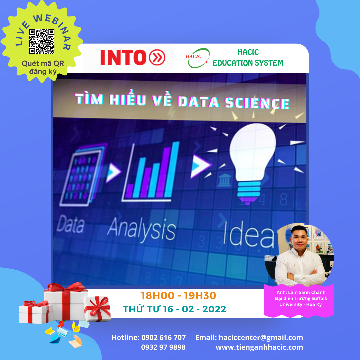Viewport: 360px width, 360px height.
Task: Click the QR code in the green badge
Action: [42, 41]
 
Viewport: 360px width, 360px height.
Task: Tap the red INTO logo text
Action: [123, 57]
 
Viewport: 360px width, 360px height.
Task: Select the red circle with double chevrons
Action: [157, 57]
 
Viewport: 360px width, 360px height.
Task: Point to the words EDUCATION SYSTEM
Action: [248, 63]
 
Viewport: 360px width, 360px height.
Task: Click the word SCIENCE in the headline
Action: [257, 103]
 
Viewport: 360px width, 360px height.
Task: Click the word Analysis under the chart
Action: [141, 230]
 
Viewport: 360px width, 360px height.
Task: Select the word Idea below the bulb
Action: [249, 235]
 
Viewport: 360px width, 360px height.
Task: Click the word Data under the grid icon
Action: [70, 224]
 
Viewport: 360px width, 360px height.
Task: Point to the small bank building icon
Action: [224, 180]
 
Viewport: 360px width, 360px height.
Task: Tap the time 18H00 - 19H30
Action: [178, 296]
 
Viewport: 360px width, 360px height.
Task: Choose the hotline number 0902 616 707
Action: [163, 337]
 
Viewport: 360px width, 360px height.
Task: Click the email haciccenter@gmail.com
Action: [261, 337]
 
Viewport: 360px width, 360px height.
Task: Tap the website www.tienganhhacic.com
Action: [259, 347]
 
